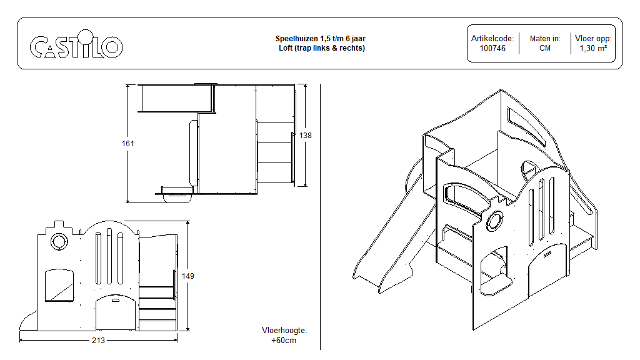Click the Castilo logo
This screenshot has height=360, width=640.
point(76,47)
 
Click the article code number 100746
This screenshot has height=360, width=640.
point(492,48)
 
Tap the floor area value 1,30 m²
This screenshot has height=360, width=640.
point(593,48)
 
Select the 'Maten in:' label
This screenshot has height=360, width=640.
point(545,39)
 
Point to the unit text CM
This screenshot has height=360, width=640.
point(545,48)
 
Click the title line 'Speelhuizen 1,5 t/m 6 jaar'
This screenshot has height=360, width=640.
point(321,39)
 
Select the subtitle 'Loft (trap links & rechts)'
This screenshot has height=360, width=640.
point(321,48)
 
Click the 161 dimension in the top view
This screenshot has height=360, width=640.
point(127,144)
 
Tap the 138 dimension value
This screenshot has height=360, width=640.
point(305,136)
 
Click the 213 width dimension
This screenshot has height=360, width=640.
point(98,341)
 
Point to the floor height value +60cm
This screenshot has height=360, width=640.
point(284,341)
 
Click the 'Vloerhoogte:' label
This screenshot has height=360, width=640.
point(284,331)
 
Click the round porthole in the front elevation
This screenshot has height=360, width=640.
point(60,241)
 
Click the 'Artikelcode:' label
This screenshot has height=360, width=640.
point(492,39)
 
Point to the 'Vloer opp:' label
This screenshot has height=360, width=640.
point(593,39)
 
